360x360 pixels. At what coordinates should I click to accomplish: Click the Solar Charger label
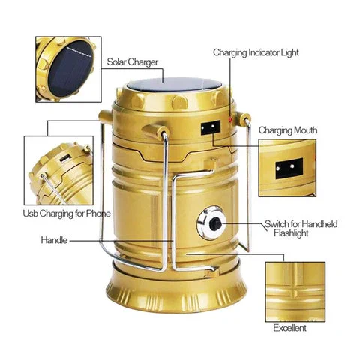133,62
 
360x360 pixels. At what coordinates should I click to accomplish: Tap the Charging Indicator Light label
256,53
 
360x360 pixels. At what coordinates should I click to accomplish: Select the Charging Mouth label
288,130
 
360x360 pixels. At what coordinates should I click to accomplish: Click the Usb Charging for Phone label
67,214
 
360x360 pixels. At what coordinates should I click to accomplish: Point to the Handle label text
54,240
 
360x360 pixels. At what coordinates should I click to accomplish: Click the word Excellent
289,328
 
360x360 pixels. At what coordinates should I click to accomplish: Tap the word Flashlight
291,233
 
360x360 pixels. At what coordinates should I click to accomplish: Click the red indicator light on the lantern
231,120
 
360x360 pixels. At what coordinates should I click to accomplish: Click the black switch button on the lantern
215,223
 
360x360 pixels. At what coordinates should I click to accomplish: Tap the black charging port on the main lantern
211,127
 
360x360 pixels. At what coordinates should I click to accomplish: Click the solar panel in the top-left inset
70,68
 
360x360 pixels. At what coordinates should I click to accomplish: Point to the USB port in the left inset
64,159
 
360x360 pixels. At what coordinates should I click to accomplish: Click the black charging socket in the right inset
289,168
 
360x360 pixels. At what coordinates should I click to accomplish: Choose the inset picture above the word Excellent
295,292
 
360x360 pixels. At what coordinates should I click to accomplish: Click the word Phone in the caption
98,214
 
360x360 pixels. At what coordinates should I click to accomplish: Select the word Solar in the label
117,62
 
